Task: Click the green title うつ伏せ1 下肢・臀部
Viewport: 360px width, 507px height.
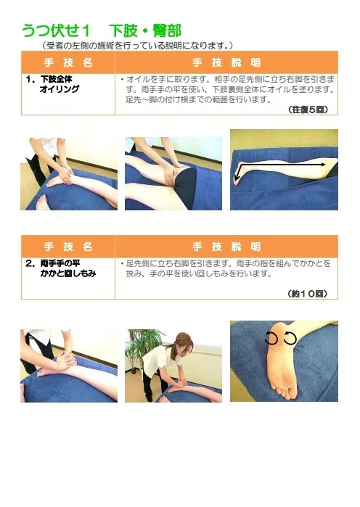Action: click(101, 30)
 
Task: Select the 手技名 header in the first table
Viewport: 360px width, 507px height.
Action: click(68, 62)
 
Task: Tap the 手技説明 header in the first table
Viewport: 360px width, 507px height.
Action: click(226, 62)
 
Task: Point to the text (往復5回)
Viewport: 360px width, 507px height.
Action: click(308, 110)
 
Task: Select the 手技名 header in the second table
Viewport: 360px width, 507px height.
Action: click(68, 247)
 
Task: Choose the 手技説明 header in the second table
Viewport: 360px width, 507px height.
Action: click(226, 247)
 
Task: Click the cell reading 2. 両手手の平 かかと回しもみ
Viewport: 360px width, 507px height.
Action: click(60, 268)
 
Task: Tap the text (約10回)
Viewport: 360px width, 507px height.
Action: click(307, 294)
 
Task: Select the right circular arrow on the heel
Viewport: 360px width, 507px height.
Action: click(290, 338)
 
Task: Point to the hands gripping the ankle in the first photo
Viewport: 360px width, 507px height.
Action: click(65, 174)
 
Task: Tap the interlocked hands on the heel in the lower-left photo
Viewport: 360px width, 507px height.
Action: click(65, 360)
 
